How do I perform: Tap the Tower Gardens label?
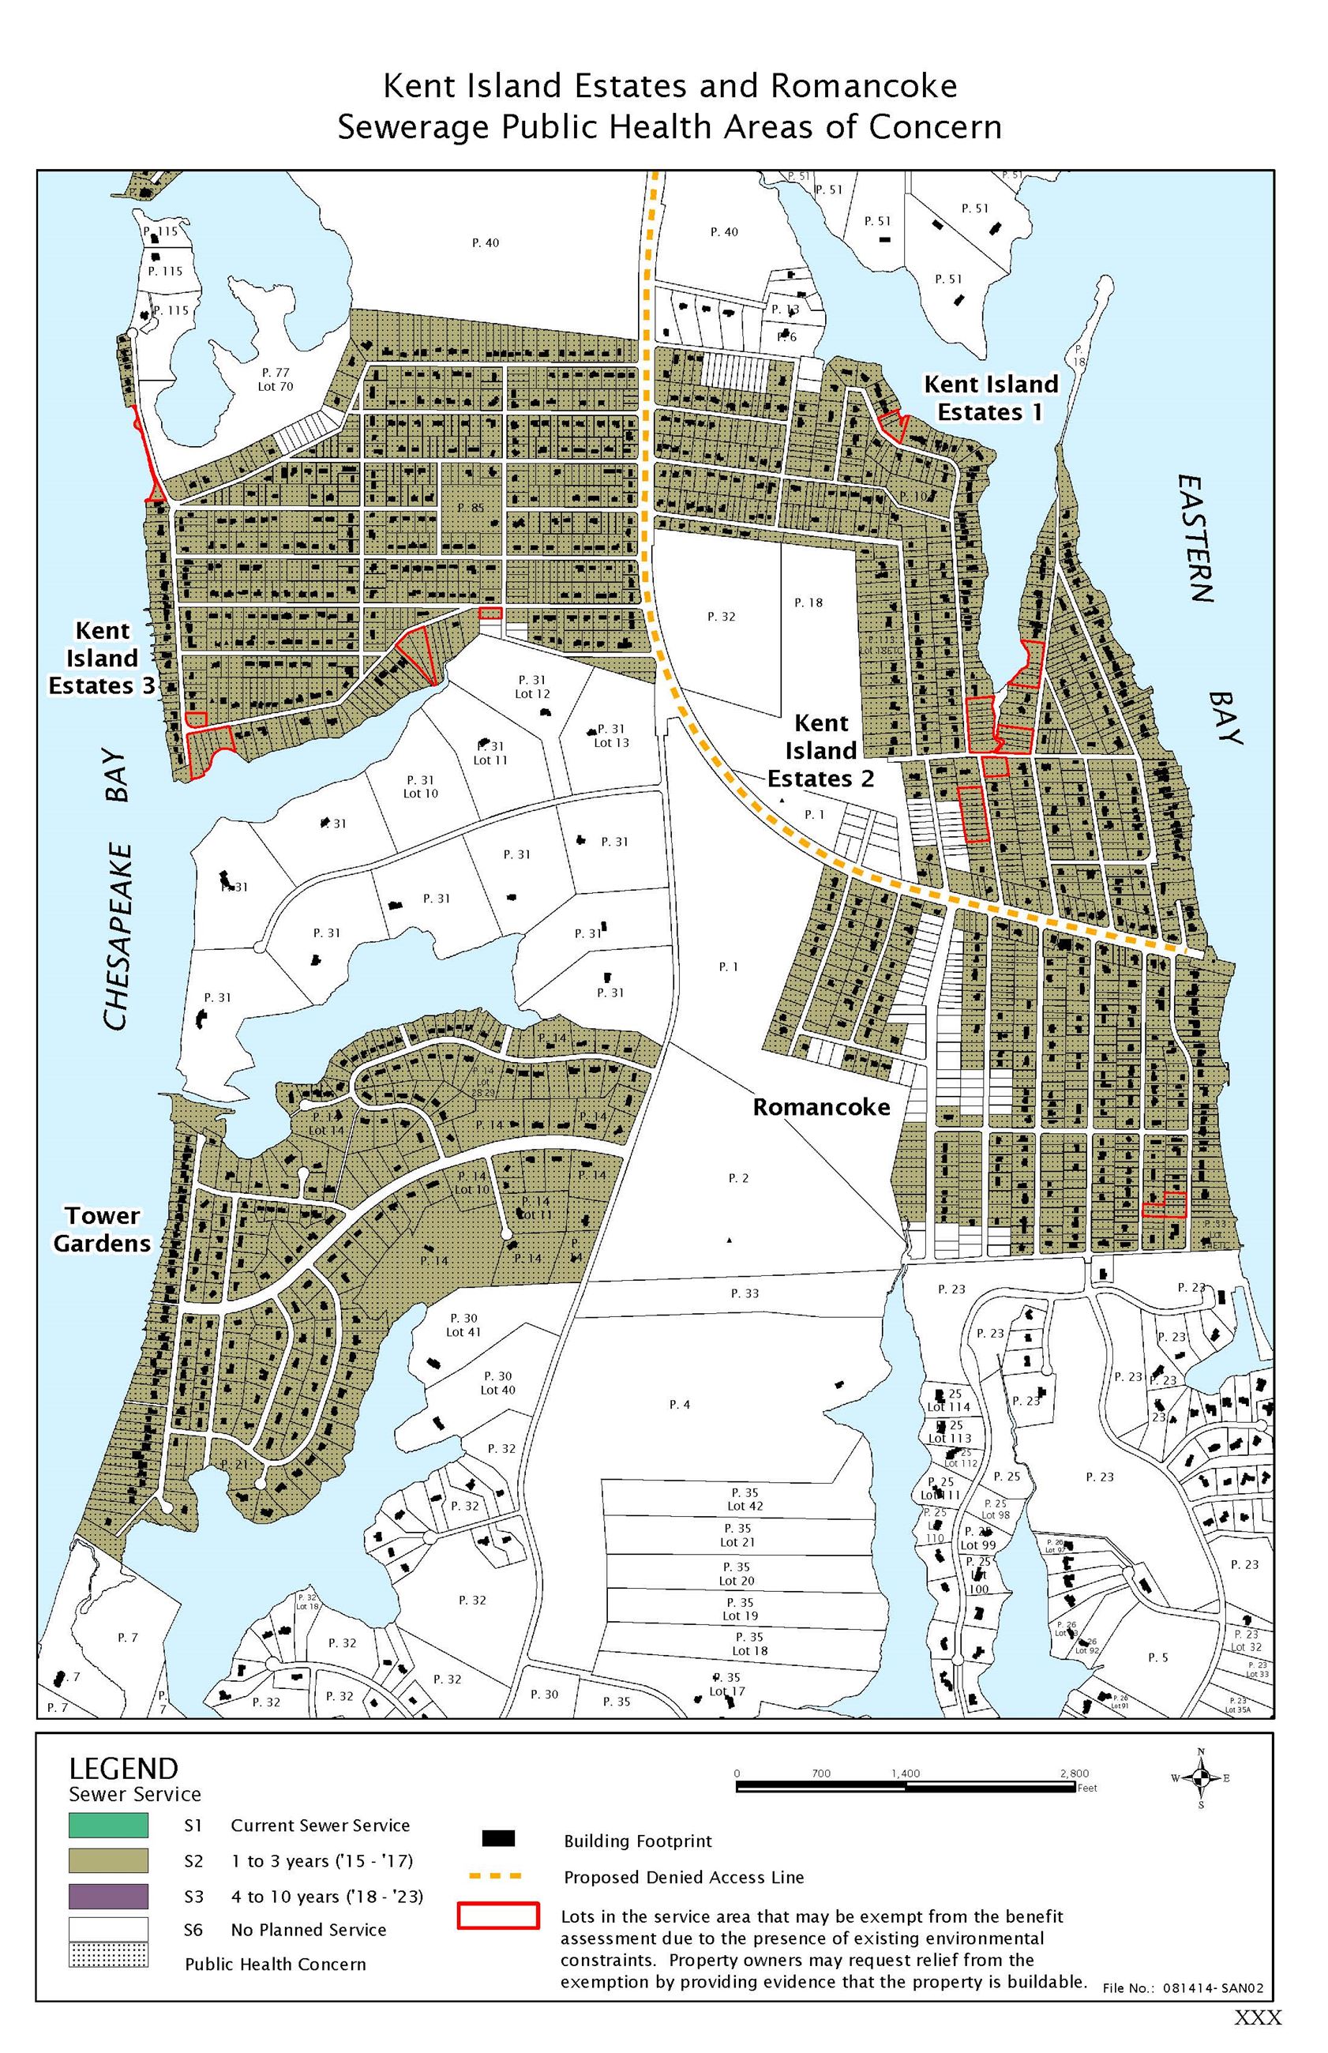tap(102, 1229)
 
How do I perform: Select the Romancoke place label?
tap(821, 1107)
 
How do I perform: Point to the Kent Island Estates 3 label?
tap(103, 658)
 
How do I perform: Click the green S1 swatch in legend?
tap(109, 1826)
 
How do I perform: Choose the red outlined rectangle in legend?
tap(497, 1915)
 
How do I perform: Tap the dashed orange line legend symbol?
tap(497, 1876)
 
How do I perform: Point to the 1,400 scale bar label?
tap(906, 1773)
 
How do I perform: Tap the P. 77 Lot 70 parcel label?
tap(276, 379)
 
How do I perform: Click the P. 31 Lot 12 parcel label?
tap(532, 686)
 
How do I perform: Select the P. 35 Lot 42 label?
tap(745, 1499)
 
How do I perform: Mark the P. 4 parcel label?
tap(680, 1405)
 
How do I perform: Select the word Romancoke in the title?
tap(863, 86)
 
